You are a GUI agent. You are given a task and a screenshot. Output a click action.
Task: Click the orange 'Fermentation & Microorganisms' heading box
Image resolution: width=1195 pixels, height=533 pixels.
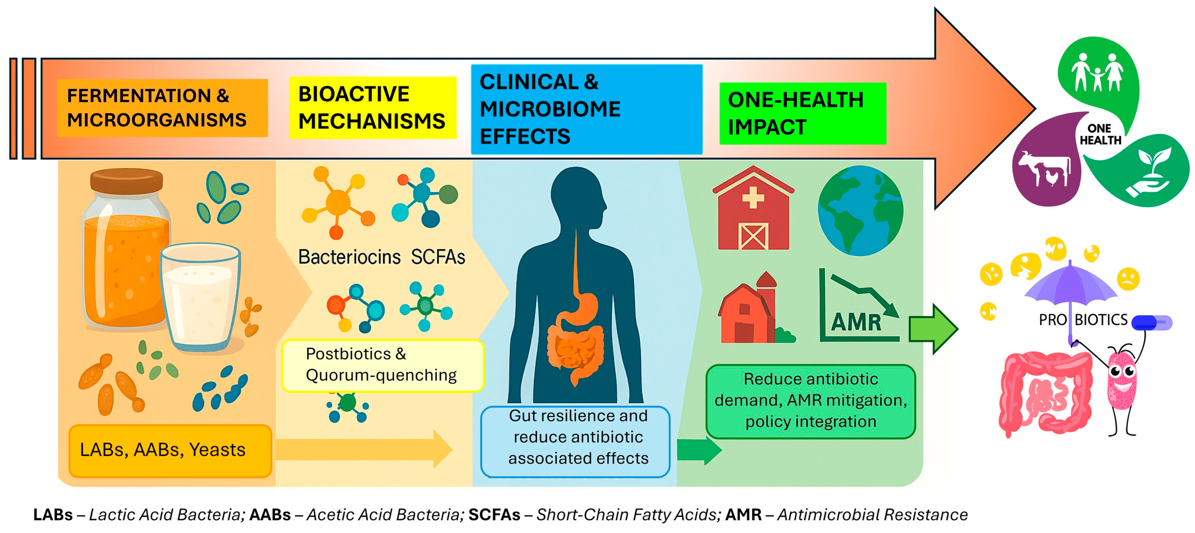pos(162,108)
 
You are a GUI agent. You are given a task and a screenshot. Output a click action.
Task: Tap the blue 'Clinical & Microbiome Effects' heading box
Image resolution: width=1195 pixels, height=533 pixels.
pos(586,109)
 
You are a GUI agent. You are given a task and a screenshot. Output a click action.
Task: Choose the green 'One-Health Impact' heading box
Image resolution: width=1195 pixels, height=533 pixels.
pos(802,114)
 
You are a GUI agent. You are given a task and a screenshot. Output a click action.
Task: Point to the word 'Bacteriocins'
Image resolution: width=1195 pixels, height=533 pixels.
pos(349,257)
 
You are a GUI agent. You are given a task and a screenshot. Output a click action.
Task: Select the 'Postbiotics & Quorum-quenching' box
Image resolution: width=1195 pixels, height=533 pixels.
pos(382,365)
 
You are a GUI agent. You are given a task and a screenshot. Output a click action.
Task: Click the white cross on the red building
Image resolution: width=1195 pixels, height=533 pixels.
pos(753,198)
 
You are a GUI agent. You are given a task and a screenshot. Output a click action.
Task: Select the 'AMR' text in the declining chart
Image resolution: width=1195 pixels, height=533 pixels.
pos(856,322)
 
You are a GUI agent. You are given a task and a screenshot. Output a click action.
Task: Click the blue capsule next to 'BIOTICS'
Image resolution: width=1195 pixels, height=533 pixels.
pos(1151,322)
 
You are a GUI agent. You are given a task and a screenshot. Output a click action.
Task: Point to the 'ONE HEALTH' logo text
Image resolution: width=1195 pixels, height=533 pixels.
pos(1099,134)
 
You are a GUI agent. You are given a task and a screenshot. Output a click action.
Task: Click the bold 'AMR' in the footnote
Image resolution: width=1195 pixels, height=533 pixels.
pos(743,514)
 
